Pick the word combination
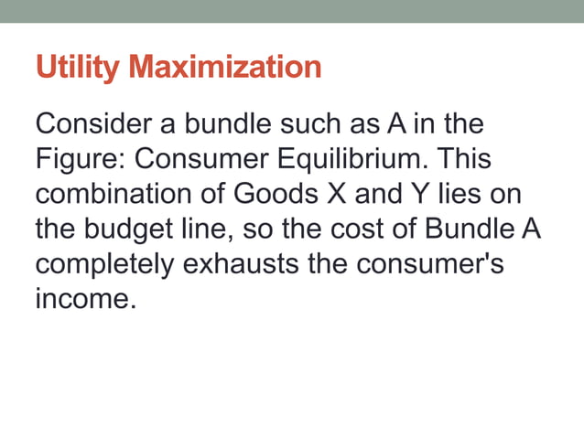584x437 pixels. click(x=114, y=195)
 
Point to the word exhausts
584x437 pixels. click(x=239, y=265)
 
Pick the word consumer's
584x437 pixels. click(x=425, y=265)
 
